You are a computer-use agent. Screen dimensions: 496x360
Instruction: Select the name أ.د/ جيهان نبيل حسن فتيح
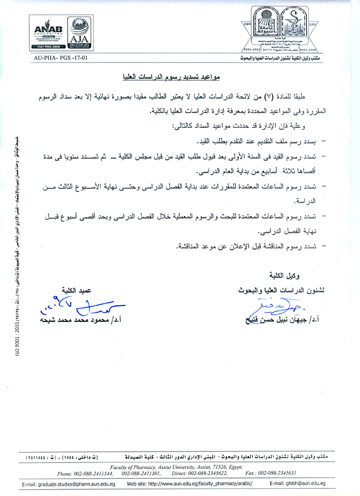click(x=282, y=318)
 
